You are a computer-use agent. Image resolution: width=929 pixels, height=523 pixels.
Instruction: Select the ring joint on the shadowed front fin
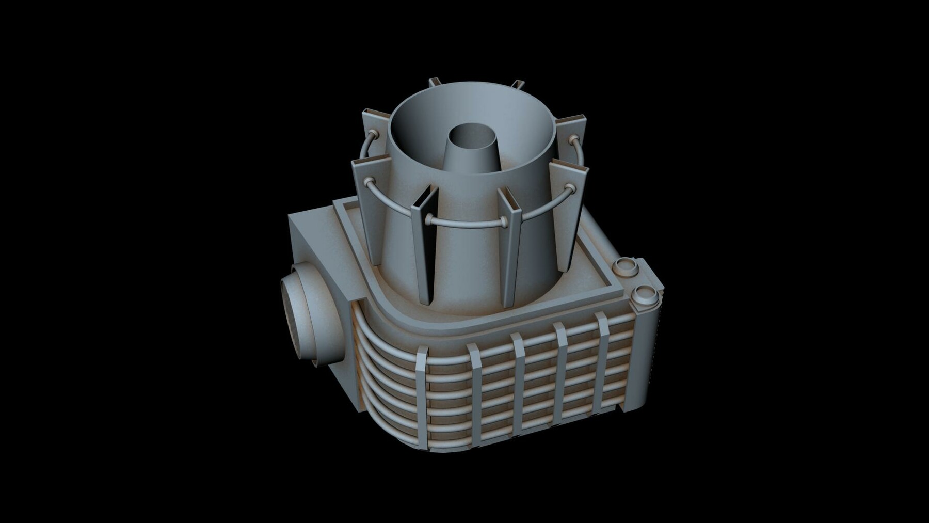pos(428,221)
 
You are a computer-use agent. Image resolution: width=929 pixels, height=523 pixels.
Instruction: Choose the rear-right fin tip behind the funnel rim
pos(519,84)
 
